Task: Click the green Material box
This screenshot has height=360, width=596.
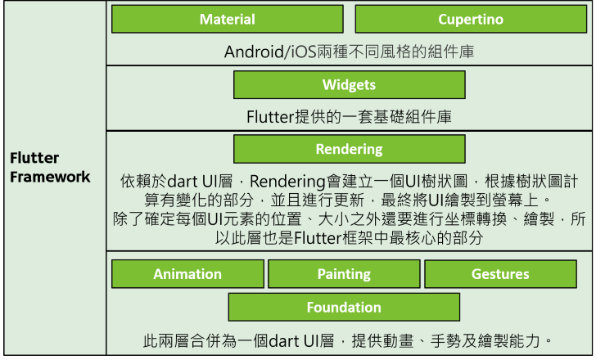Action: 227,19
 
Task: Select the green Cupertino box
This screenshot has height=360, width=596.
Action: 470,19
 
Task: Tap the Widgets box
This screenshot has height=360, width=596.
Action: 349,85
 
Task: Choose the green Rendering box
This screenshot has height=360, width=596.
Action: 349,149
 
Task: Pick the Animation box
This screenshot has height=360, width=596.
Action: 187,274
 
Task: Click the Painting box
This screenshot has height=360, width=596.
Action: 344,274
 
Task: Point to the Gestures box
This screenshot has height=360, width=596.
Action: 499,274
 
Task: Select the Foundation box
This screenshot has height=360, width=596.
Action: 344,308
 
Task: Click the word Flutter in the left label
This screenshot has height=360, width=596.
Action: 34,158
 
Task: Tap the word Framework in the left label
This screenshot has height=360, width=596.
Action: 50,177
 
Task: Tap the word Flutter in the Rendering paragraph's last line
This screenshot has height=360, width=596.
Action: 316,238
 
